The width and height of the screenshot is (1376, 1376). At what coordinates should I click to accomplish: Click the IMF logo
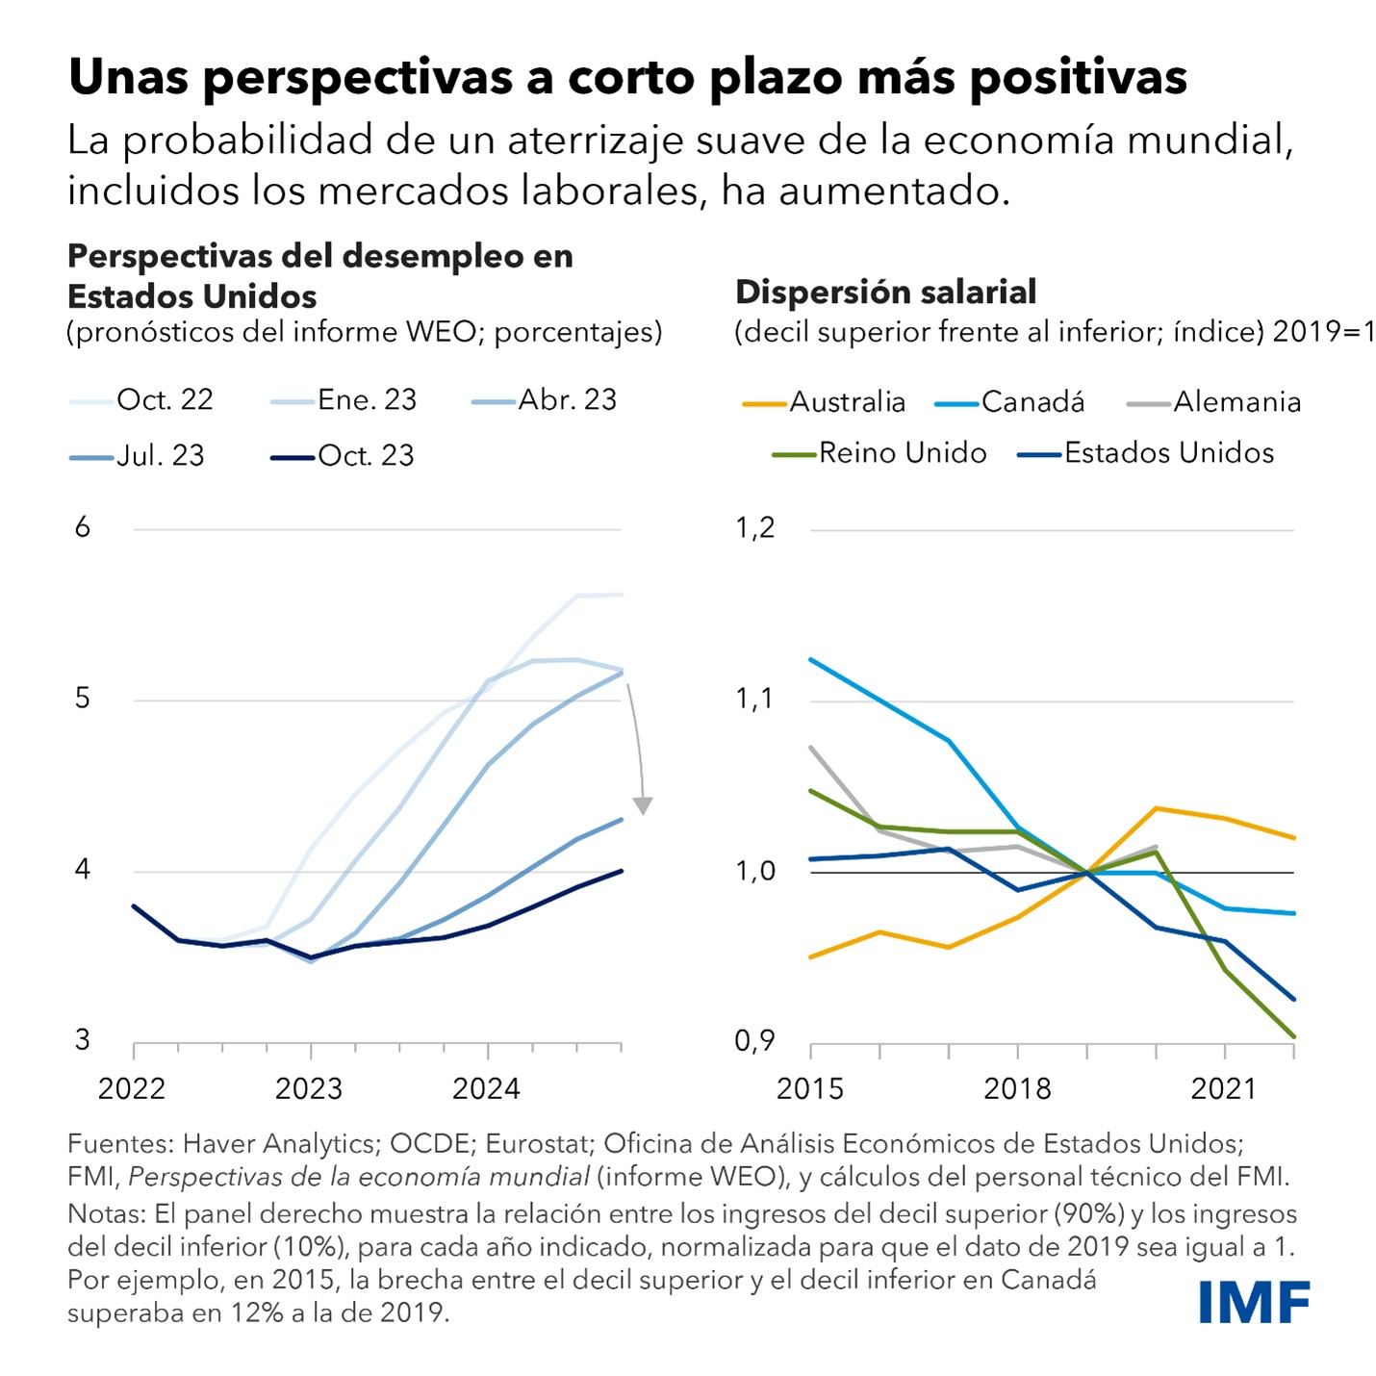[x=1254, y=1302]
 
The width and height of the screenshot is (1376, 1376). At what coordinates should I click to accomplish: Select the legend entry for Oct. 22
[x=142, y=399]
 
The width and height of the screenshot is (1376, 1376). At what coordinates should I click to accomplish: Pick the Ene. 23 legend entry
[x=344, y=399]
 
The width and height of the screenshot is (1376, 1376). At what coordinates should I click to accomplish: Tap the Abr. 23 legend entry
[x=545, y=399]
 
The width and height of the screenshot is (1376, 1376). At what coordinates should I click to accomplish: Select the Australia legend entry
[x=825, y=402]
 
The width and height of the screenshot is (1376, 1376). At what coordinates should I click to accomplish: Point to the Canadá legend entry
[x=1010, y=402]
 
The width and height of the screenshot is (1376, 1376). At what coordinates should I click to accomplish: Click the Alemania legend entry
[x=1214, y=402]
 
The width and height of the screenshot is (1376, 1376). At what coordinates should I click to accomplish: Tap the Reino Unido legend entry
[x=880, y=453]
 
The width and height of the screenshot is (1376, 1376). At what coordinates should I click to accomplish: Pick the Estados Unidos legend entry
[x=1146, y=453]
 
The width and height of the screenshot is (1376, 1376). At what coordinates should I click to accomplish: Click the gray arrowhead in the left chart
[x=642, y=805]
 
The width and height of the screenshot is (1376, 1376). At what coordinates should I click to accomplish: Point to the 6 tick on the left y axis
[x=83, y=527]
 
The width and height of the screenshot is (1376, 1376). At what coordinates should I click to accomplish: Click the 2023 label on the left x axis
[x=309, y=1088]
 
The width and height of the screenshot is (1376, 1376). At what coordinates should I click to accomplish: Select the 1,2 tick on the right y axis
[x=754, y=527]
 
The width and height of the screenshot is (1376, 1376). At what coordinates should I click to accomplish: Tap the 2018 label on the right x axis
[x=1017, y=1088]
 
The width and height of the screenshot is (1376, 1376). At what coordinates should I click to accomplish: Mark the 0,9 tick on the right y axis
[x=754, y=1041]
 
